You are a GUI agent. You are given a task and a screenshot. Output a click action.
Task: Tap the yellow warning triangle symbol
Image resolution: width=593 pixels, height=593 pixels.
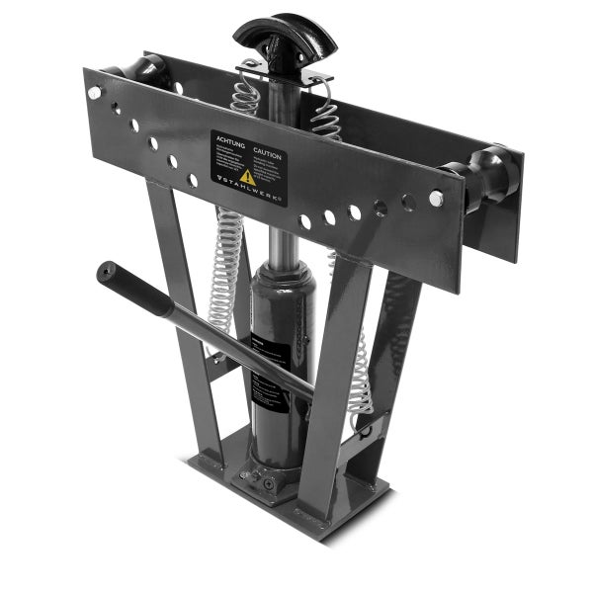click(247, 176)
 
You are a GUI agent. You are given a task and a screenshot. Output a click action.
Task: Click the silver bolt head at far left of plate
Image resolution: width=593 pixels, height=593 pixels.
click(95, 92)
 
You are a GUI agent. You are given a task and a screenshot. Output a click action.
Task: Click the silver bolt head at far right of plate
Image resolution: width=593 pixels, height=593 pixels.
click(436, 199)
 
